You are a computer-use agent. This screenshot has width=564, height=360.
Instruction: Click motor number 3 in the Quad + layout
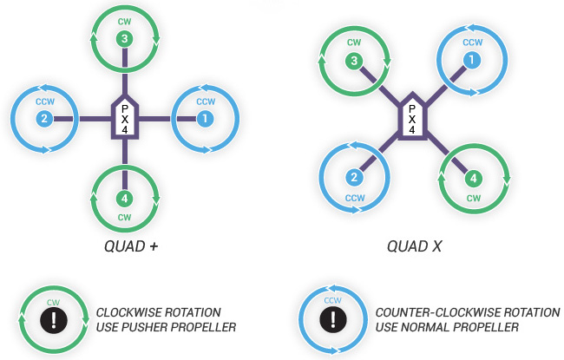click(x=125, y=38)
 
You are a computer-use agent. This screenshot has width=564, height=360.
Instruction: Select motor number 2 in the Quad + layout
click(x=44, y=118)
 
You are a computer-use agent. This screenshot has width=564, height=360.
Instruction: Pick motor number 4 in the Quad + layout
click(x=125, y=197)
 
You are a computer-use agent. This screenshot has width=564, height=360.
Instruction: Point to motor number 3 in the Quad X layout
click(x=353, y=61)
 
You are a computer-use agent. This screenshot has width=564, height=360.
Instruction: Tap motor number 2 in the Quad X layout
click(x=354, y=178)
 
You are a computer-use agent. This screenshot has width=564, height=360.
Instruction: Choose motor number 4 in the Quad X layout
click(x=472, y=180)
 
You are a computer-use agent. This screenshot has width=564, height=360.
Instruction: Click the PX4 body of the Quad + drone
click(x=125, y=118)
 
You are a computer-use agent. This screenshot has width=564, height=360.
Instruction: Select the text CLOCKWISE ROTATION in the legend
click(x=159, y=311)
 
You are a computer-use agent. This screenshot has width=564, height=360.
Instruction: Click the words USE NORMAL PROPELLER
click(x=447, y=327)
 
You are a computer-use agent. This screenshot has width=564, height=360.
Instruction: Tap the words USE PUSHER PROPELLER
click(x=166, y=327)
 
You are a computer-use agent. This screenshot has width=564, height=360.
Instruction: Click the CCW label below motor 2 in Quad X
click(x=354, y=198)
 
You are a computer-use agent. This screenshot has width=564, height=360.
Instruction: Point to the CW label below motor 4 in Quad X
click(x=473, y=198)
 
